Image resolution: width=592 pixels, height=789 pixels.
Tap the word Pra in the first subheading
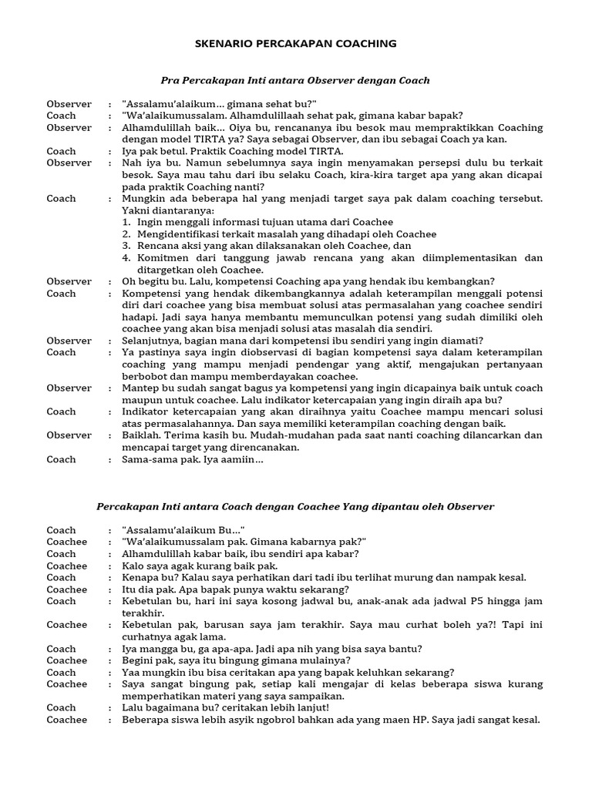coord(170,80)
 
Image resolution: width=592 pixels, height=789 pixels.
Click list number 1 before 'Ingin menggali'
coord(128,223)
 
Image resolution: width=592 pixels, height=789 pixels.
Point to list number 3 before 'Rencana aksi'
coord(128,247)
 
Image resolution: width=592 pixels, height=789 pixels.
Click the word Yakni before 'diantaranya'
coord(136,210)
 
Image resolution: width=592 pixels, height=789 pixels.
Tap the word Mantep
coord(141,388)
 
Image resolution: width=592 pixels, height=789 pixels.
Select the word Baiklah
coord(143,435)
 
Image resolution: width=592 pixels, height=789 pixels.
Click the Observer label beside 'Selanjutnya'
coord(69,341)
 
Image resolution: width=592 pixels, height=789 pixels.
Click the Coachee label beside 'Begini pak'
coord(67,660)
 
